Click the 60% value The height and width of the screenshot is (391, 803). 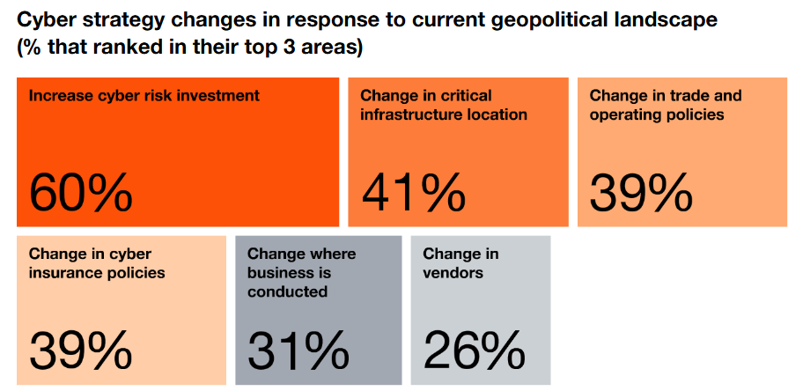click(81, 192)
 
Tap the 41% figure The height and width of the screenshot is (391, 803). click(412, 192)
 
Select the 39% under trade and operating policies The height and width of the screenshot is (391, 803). click(641, 192)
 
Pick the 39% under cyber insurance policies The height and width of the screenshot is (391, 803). click(81, 350)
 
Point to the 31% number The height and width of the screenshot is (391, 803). click(298, 350)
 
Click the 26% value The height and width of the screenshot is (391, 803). click(474, 350)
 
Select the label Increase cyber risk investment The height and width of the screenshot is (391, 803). click(144, 96)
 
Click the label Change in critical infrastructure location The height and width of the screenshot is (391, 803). click(444, 105)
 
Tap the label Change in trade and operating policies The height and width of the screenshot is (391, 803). click(666, 105)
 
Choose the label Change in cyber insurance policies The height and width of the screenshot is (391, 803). click(97, 263)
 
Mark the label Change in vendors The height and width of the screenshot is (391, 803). click(460, 263)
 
